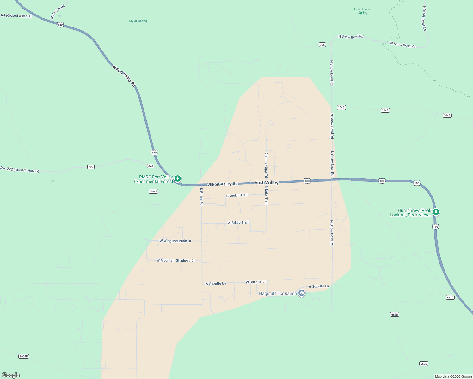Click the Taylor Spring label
[138, 21]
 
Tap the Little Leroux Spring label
[363, 11]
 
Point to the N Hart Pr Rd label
[58, 12]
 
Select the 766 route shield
[322, 45]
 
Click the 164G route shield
[153, 191]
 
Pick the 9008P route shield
[24, 356]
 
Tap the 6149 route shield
[450, 298]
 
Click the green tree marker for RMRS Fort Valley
[178, 179]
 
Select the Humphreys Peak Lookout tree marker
[436, 212]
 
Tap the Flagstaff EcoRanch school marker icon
[302, 293]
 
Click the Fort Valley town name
[267, 183]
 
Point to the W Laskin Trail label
[236, 196]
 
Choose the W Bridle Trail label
[238, 223]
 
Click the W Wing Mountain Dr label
[175, 241]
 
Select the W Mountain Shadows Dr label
[175, 261]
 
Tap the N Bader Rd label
[201, 196]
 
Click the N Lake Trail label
[267, 195]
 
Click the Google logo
[11, 375]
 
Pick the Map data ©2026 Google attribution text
[453, 376]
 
